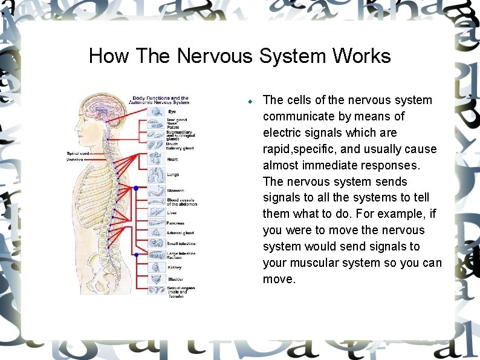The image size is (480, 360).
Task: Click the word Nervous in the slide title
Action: tap(215, 56)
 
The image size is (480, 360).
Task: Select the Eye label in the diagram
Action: tap(172, 111)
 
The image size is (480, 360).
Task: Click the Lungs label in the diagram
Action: tap(173, 175)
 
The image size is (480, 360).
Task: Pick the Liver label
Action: tap(172, 212)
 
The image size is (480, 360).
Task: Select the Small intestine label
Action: tap(181, 244)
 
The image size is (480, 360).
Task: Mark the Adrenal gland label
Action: tap(180, 233)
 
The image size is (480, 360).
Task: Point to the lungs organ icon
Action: tap(155, 175)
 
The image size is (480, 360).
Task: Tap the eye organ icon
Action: tap(155, 111)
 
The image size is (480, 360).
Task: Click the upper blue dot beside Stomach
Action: tap(136, 189)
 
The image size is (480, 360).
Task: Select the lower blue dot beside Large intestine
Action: tap(136, 255)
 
